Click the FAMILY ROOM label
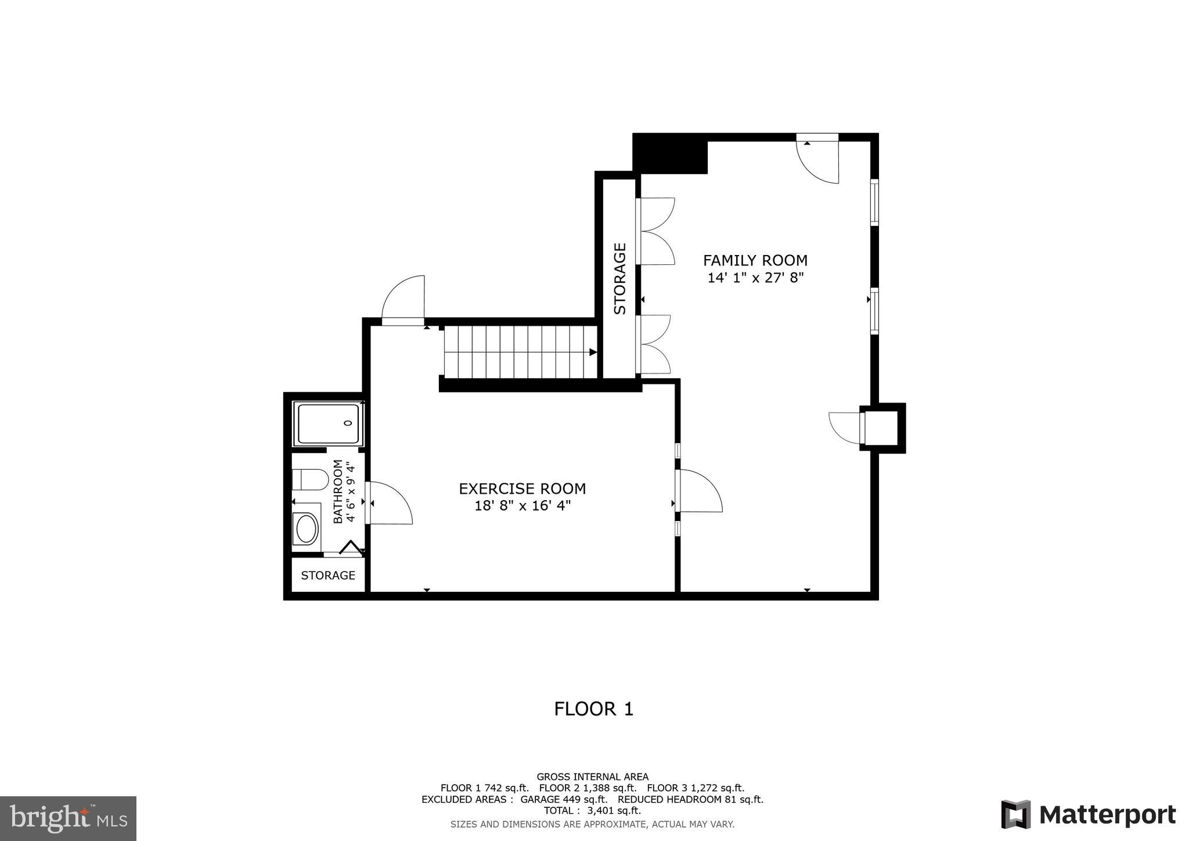755,260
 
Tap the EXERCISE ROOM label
522,488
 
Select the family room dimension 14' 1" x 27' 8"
755,278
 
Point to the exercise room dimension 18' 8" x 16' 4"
522,506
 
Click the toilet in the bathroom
310,480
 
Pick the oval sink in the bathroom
306,529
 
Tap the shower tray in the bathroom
328,423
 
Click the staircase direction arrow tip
593,352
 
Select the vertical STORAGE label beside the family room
619,279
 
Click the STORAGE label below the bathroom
328,575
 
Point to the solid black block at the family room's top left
670,153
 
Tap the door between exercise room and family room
700,491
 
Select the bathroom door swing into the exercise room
389,503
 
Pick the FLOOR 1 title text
593,709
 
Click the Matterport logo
1089,815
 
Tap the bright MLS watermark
69,818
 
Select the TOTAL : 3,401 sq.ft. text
592,810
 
